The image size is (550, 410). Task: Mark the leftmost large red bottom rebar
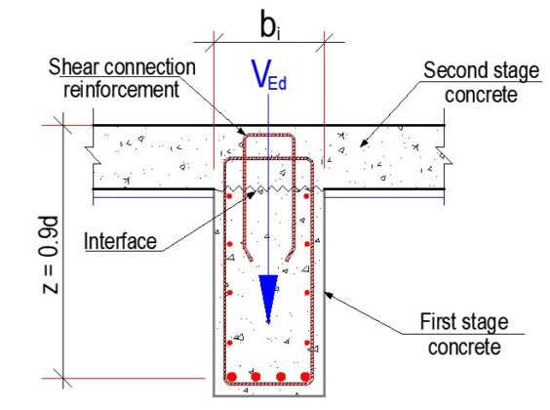(x=232, y=377)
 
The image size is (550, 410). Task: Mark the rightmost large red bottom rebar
(x=304, y=377)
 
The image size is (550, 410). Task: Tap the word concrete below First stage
(x=469, y=345)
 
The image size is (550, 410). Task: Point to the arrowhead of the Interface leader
(x=256, y=192)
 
